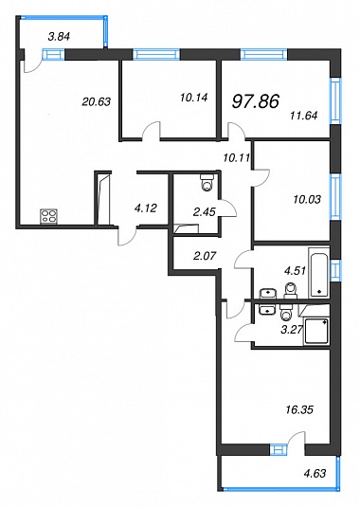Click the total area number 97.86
click(256, 101)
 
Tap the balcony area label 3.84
click(59, 37)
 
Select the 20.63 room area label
click(97, 101)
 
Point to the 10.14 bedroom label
click(194, 97)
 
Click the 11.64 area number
click(303, 115)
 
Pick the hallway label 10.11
click(237, 158)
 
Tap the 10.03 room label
click(307, 199)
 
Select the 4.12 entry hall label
click(146, 208)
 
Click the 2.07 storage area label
click(205, 256)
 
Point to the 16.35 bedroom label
click(299, 410)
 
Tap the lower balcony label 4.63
click(315, 474)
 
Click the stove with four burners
click(49, 216)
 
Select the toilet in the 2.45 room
click(207, 182)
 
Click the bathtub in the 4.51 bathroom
click(319, 273)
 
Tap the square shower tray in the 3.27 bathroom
click(316, 332)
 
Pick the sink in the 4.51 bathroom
click(268, 294)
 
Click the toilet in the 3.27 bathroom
click(286, 312)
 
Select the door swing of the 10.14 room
click(152, 131)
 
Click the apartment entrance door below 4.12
click(127, 237)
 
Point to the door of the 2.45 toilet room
click(227, 207)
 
